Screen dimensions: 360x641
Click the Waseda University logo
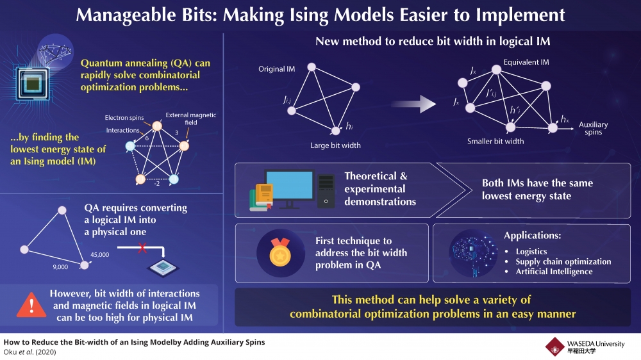click(x=555, y=347)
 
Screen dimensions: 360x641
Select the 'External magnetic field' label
click(x=190, y=119)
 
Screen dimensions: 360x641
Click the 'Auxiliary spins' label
click(x=593, y=128)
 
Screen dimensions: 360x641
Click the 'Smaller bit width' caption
click(x=495, y=141)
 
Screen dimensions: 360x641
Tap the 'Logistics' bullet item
click(x=531, y=252)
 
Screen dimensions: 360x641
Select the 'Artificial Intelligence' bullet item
click(x=554, y=272)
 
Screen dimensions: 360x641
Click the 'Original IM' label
click(x=277, y=69)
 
